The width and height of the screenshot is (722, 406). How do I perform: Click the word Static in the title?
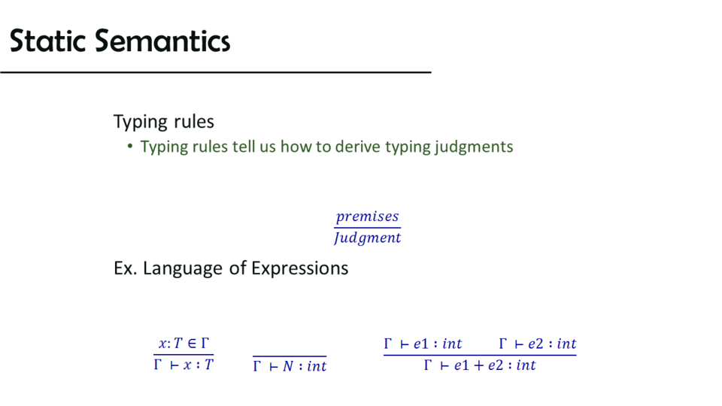[x=47, y=41]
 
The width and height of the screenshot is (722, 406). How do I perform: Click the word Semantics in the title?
[x=162, y=41]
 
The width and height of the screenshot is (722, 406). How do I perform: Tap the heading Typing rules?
[x=163, y=122]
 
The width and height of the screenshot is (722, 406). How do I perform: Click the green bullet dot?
[x=130, y=147]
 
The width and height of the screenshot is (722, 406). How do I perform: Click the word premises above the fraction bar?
[x=367, y=217]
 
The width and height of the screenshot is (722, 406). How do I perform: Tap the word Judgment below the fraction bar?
[x=368, y=238]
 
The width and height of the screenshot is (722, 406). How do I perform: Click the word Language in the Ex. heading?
[x=182, y=268]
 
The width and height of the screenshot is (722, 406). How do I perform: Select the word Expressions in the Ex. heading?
[x=300, y=268]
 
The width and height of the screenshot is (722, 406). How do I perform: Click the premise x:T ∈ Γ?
[x=184, y=344]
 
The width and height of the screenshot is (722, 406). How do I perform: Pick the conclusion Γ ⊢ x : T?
[x=184, y=365]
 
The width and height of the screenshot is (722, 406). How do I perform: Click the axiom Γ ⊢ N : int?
[x=290, y=366]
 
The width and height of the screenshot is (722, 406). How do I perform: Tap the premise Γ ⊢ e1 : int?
[x=423, y=344]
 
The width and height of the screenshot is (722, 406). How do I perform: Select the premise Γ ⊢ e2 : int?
[x=537, y=344]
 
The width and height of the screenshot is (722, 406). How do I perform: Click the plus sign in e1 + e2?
[x=479, y=365]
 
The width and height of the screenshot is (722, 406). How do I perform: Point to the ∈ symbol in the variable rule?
[x=192, y=344]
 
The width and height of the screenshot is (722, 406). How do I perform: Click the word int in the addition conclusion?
[x=526, y=365]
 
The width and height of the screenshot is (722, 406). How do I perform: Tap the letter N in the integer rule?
[x=288, y=366]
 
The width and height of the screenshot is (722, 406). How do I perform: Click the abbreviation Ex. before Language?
[x=125, y=268]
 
